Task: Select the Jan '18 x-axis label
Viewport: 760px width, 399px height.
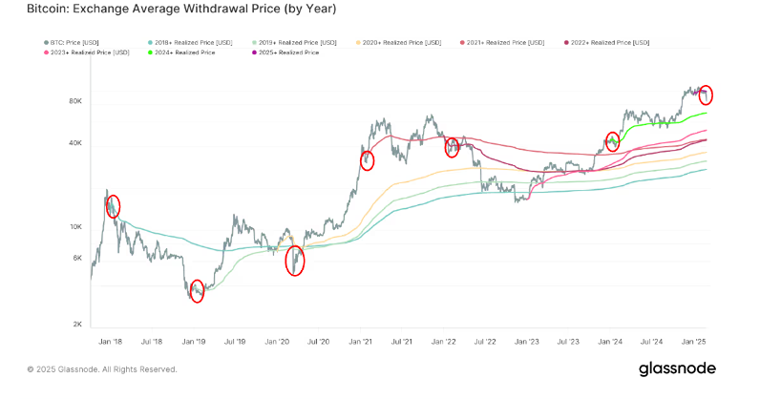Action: pos(109,340)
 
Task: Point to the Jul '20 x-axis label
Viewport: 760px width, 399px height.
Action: pos(318,340)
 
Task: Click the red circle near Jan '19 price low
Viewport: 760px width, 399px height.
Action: pos(197,292)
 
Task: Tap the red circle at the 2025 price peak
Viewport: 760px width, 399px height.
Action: pos(706,94)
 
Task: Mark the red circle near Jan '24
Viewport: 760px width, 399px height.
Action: pos(613,141)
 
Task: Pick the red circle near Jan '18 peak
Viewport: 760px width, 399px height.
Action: pos(113,206)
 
